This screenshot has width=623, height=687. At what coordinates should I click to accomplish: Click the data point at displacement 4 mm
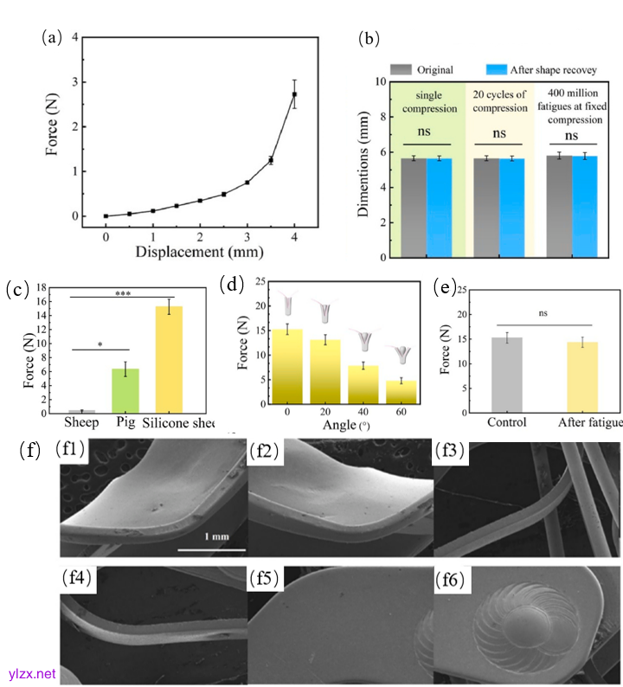[x=294, y=94]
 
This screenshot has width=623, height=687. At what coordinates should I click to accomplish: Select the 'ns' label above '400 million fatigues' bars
[x=571, y=137]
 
